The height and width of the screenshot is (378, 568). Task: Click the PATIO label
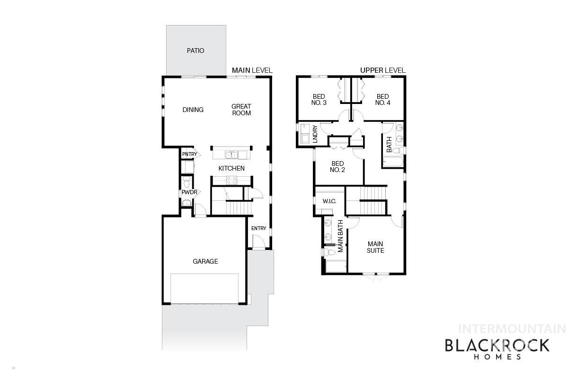195,51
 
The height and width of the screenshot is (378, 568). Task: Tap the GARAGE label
205,261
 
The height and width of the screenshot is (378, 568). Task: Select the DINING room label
193,110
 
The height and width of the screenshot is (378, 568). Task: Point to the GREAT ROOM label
241,110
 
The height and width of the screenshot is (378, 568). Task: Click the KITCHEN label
231,168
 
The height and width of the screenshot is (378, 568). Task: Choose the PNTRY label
189,154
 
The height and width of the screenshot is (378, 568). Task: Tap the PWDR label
189,192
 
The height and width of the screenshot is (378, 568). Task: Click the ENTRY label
258,229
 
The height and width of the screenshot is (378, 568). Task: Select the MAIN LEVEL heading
252,70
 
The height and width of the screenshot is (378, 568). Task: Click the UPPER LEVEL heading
382,70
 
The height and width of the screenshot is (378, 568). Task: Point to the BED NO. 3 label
319,100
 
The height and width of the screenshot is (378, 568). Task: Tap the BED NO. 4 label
382,100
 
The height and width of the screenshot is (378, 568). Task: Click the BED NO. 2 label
337,167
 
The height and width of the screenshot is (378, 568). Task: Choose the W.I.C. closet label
329,201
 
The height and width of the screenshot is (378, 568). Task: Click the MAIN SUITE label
375,247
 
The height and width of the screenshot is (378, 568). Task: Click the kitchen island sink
232,155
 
